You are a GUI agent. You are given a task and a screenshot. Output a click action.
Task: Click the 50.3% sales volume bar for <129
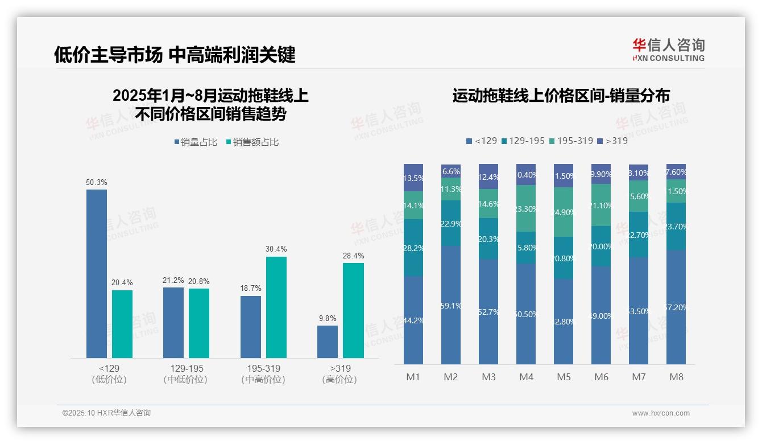coord(97,273)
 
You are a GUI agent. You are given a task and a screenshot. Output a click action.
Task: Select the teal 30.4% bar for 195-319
coord(276,307)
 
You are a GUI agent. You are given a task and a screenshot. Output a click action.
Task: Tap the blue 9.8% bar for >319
coord(328,342)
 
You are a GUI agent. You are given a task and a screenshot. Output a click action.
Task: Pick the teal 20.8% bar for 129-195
coord(199,323)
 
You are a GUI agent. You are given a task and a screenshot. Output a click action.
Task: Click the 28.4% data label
coord(354,256)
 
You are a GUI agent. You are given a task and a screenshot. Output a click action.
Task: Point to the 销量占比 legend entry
coord(196,142)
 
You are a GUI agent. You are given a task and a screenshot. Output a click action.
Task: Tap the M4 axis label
coord(526,377)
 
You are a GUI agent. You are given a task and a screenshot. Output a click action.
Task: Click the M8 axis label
coord(676,377)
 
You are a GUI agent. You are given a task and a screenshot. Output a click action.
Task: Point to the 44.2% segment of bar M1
coord(413,320)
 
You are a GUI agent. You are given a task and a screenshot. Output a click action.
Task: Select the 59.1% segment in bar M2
coord(451,305)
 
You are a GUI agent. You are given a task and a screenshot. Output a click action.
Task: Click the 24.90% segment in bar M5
coord(564,212)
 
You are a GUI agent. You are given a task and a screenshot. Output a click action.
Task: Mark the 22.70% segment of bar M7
coord(639,234)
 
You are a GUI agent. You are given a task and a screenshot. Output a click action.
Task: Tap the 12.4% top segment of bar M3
coord(488,176)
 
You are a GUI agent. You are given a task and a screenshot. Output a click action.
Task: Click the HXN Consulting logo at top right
coord(668,50)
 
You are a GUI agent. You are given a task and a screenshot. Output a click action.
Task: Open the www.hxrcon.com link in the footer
coord(661,413)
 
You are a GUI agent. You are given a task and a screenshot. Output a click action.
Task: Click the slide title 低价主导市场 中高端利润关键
coord(175,55)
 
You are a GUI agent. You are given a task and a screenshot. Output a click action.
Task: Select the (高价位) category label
coord(340,380)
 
